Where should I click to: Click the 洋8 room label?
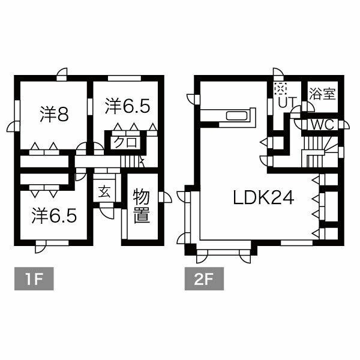pyautogui.click(x=53, y=114)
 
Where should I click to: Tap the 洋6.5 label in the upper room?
pyautogui.click(x=127, y=106)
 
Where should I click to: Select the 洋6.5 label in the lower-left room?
pyautogui.click(x=55, y=215)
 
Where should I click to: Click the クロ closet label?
pyautogui.click(x=124, y=142)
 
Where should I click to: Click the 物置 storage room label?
pyautogui.click(x=141, y=206)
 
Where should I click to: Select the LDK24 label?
pyautogui.click(x=264, y=197)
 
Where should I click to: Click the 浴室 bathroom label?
pyautogui.click(x=322, y=95)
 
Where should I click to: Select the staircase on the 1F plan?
pyautogui.click(x=130, y=161)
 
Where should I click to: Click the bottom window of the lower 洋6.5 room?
pyautogui.click(x=44, y=242)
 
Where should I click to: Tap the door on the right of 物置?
pyautogui.click(x=165, y=197)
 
